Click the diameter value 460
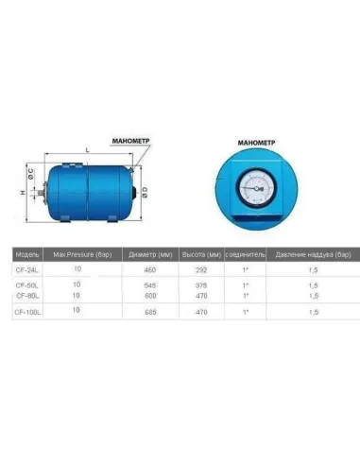[149, 270]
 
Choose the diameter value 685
[149, 311]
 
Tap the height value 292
[200, 270]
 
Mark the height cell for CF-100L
[200, 311]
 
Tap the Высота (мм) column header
[200, 255]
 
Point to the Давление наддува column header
[313, 255]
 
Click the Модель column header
[27, 255]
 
